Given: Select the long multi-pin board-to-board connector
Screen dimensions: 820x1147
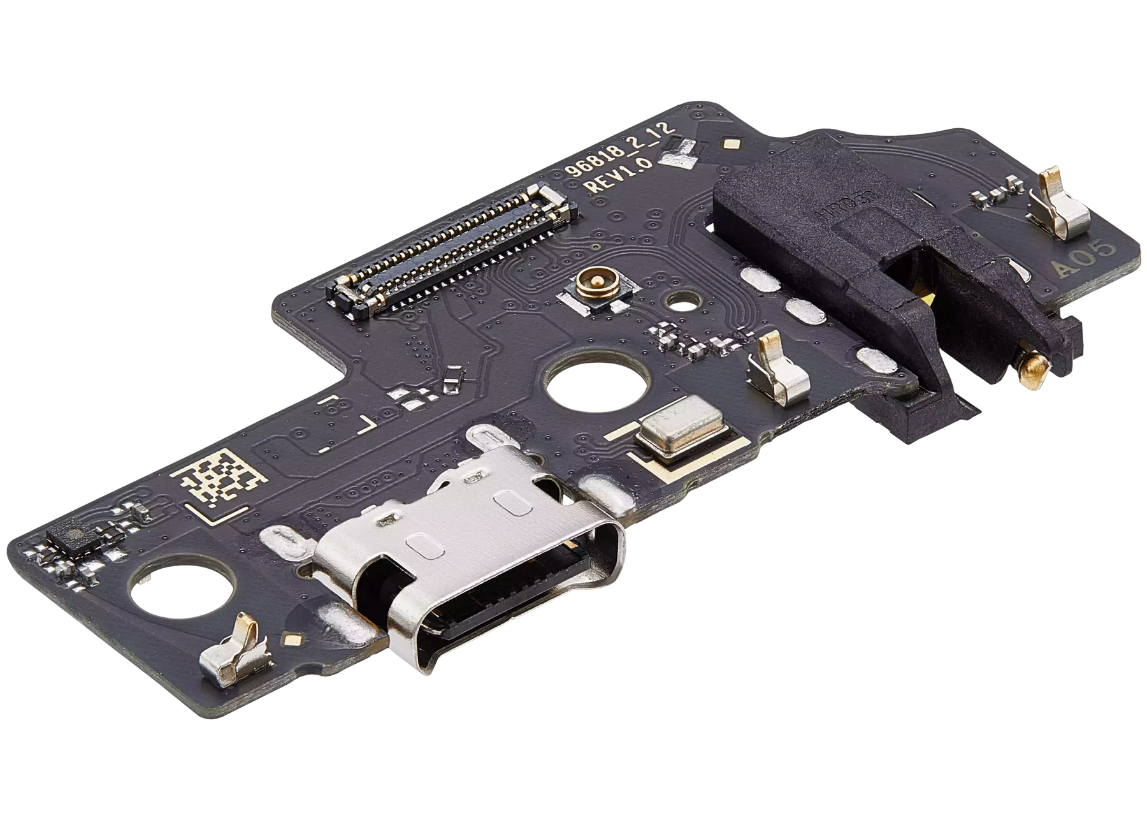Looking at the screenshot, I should [452, 249].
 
